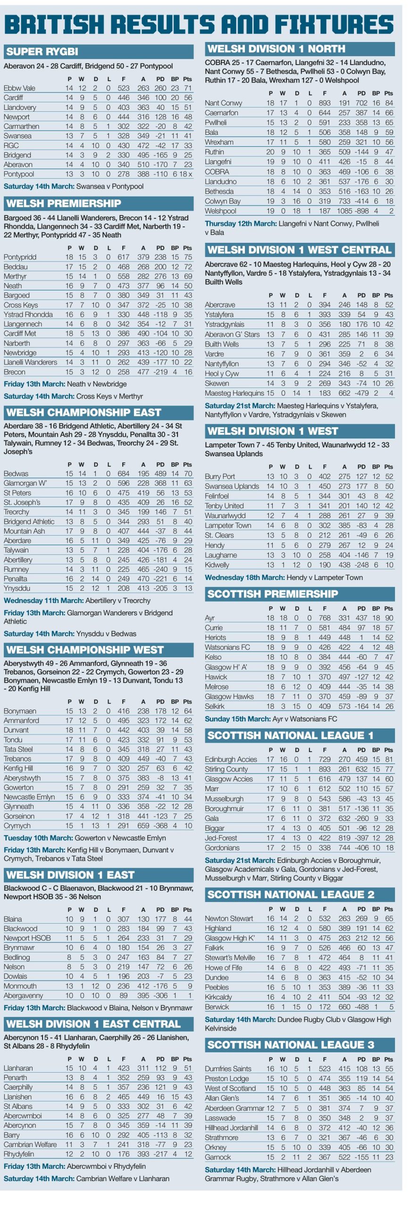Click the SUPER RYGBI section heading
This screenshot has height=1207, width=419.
(42, 51)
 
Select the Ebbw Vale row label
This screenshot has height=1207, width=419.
(19, 88)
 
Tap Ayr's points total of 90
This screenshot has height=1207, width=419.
(389, 618)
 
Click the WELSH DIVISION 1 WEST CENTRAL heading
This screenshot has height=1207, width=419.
(299, 250)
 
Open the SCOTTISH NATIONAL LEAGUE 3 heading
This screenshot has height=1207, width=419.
(291, 1045)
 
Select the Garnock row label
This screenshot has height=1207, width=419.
(218, 1157)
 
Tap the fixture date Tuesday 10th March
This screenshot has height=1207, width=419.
(38, 838)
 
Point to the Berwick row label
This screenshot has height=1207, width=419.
(217, 1007)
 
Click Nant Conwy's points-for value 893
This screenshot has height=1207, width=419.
(324, 103)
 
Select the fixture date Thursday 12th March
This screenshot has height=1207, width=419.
(241, 223)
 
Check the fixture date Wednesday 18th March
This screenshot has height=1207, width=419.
(244, 578)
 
